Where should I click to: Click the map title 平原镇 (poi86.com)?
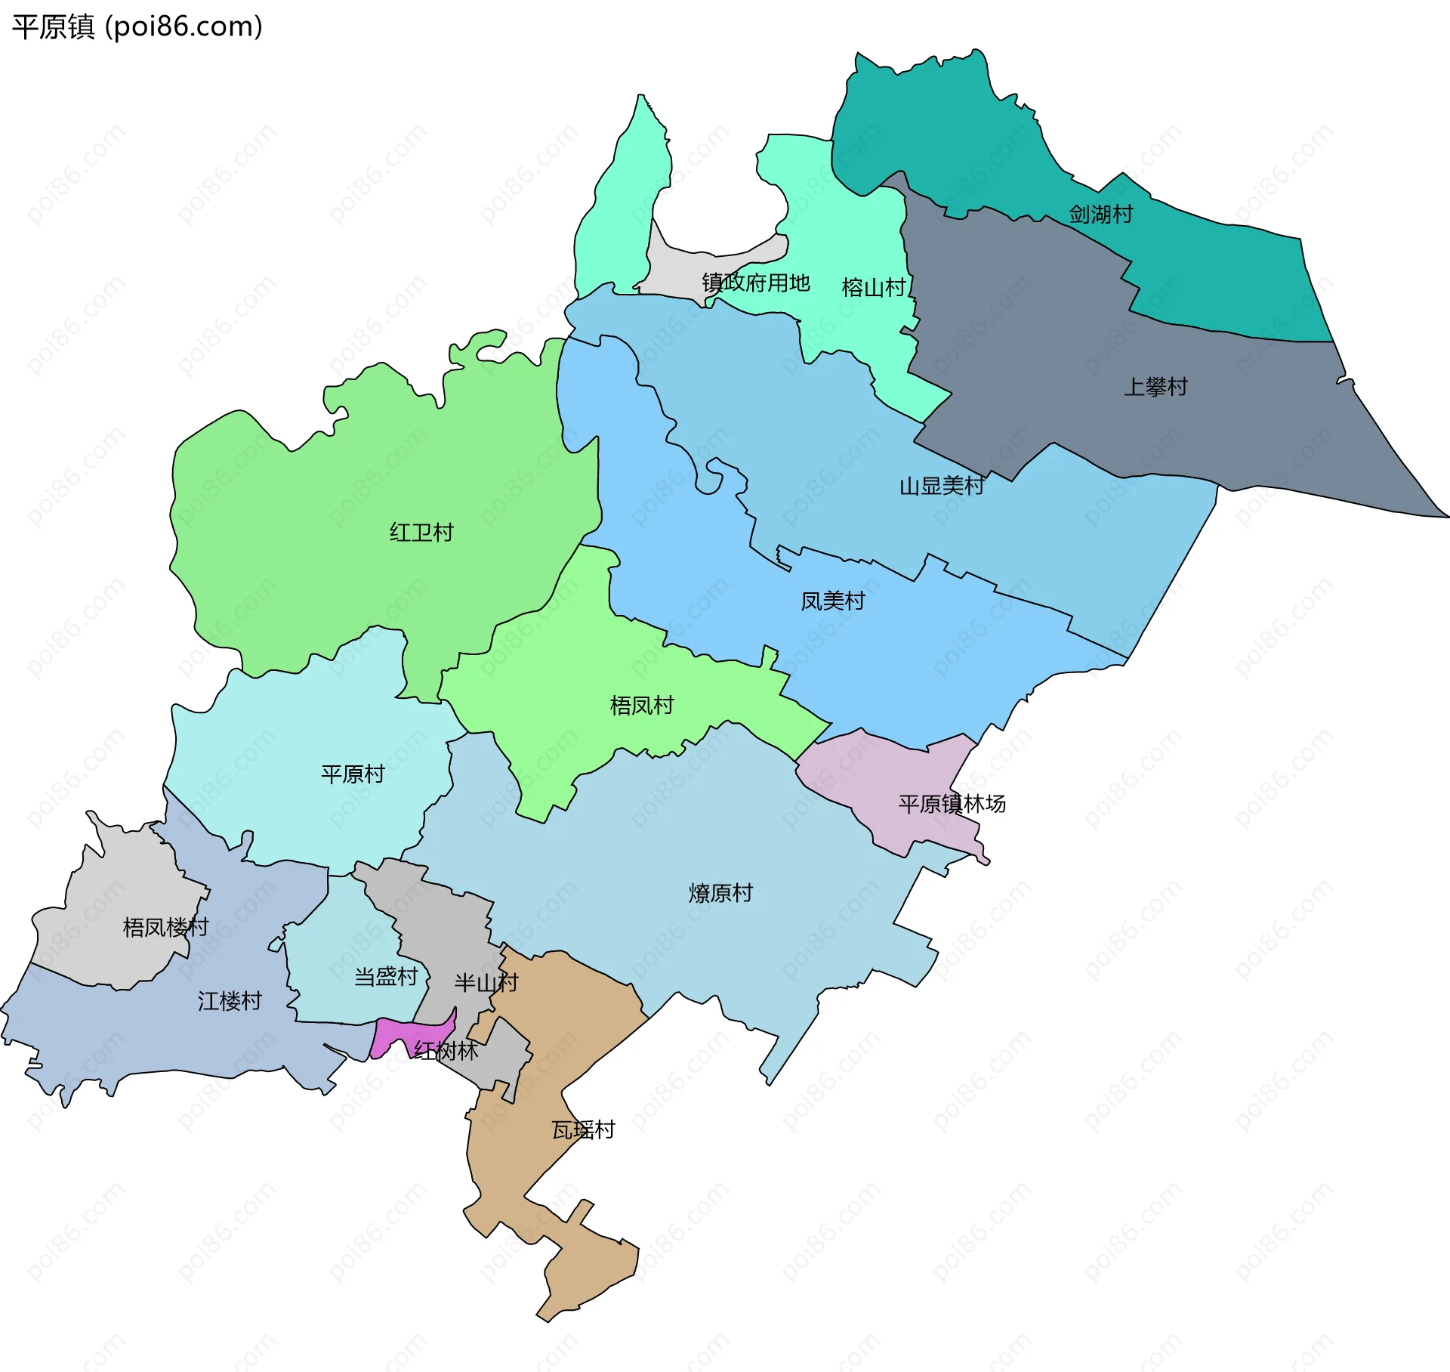137,26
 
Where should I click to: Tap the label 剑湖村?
1100,215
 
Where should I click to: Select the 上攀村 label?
1155,387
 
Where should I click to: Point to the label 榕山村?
873,287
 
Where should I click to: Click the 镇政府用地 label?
755,283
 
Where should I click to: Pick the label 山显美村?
941,486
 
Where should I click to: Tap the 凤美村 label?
832,601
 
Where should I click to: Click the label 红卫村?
421,533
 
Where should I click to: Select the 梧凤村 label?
641,706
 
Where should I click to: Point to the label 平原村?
353,774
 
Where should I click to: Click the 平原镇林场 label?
952,804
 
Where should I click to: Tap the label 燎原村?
720,893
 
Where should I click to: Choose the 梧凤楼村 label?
165,927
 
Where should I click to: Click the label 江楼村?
230,1001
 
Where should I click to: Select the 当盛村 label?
386,977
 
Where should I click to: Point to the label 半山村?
486,982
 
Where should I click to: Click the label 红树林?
446,1051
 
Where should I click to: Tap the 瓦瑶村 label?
583,1130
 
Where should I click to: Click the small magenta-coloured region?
393,1034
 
